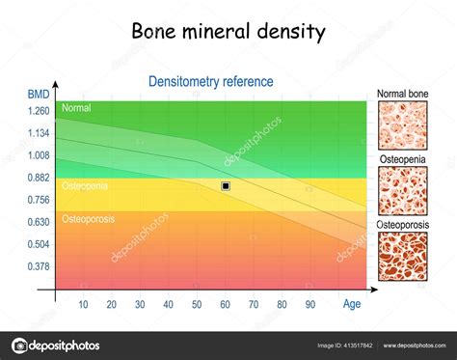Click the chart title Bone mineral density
[228, 32]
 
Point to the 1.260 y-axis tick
[38, 111]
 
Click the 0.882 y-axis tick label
[38, 178]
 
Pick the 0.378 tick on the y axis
[38, 266]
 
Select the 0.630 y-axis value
[38, 222]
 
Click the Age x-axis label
[353, 304]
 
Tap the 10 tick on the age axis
[83, 305]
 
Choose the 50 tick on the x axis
[197, 305]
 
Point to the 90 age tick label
[310, 305]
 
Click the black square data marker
[226, 185]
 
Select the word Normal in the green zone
[76, 109]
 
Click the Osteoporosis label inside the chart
[88, 219]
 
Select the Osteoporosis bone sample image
[403, 258]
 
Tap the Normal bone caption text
[403, 94]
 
